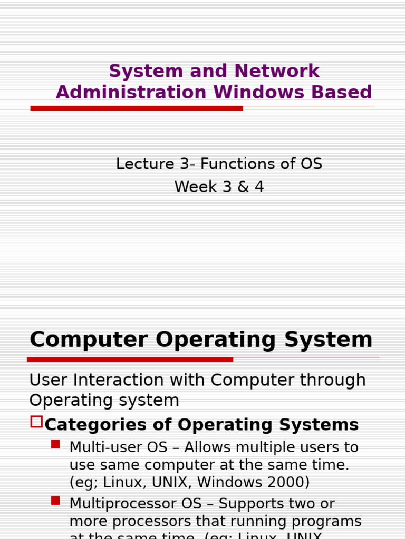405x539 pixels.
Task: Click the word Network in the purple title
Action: coord(277,71)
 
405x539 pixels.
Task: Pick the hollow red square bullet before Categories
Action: coord(36,422)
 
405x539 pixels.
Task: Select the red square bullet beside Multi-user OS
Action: coord(55,444)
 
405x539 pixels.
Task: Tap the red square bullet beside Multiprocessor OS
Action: coord(55,501)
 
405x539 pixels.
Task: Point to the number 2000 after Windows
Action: coord(285,482)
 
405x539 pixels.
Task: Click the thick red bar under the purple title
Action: coord(137,108)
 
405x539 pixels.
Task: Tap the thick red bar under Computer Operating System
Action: coord(130,360)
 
